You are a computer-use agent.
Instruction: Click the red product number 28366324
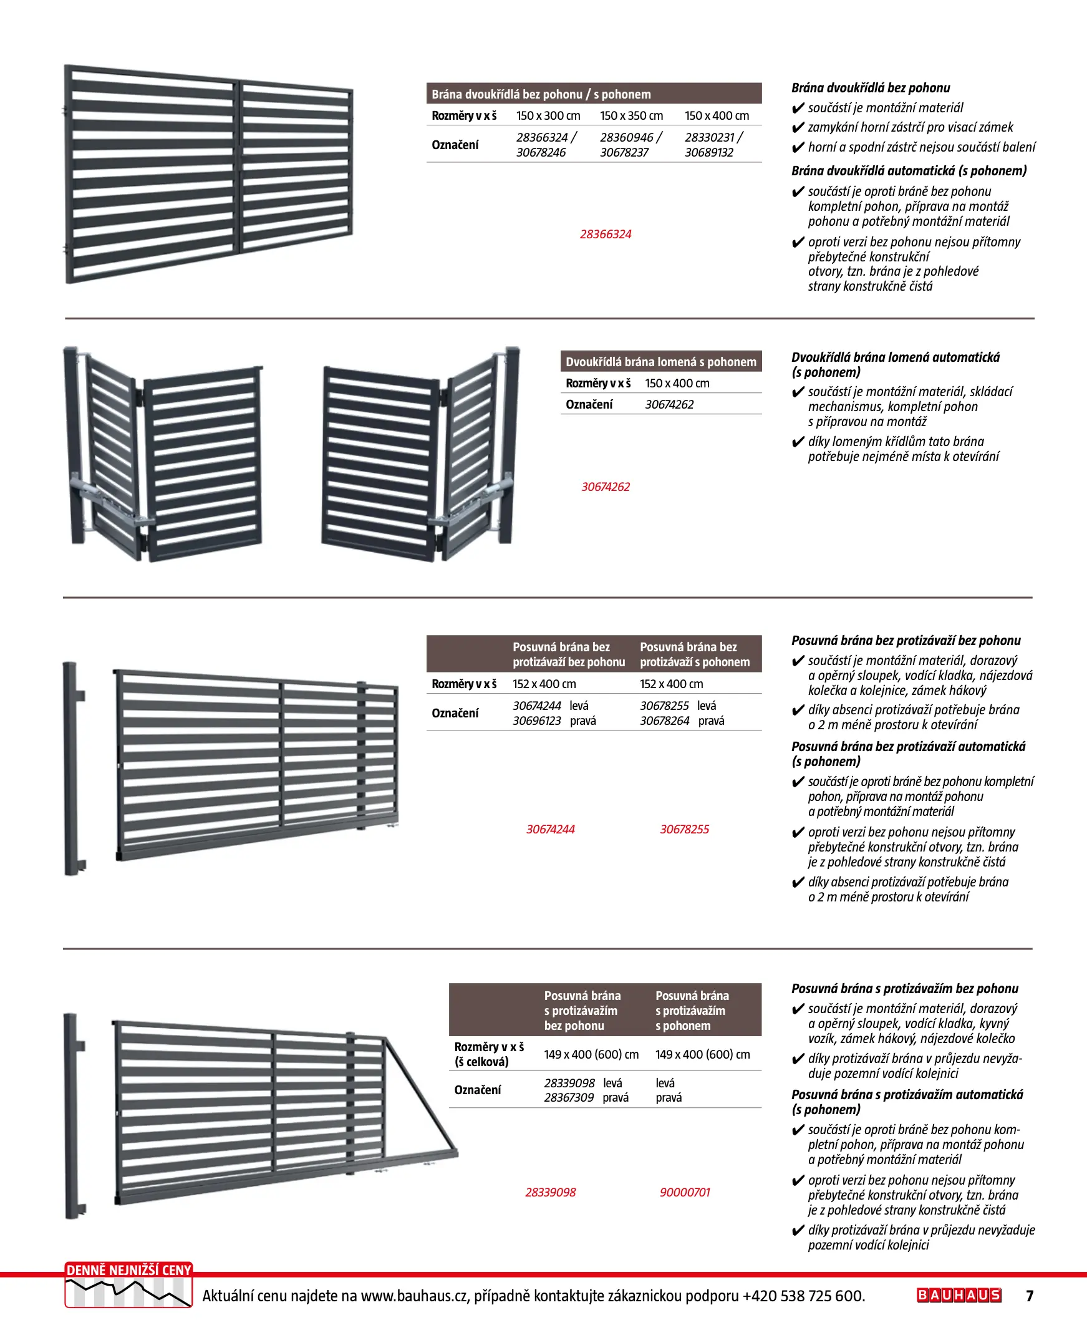(x=606, y=234)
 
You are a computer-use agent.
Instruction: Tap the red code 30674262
(x=606, y=487)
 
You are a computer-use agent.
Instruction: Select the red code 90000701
(x=684, y=1192)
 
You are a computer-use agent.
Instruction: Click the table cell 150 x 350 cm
(x=631, y=116)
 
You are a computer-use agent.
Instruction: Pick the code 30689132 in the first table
(x=709, y=153)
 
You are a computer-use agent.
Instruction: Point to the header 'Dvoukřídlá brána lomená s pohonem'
(x=660, y=362)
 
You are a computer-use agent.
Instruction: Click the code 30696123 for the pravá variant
(x=536, y=721)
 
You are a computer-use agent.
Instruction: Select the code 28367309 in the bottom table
(x=569, y=1098)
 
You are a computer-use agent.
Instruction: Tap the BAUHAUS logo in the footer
(x=959, y=1295)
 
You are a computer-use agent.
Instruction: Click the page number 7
(x=1030, y=1296)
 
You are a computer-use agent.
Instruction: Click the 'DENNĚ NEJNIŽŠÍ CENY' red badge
(x=128, y=1271)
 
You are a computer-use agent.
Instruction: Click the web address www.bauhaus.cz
(x=415, y=1296)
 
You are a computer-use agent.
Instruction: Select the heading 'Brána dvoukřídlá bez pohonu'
(x=871, y=89)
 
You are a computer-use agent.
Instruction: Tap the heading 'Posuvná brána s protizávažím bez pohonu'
(x=904, y=989)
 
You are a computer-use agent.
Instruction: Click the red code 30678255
(x=684, y=829)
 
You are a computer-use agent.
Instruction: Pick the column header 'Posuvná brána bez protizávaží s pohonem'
(x=694, y=654)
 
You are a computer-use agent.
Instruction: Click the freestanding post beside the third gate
(x=72, y=769)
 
